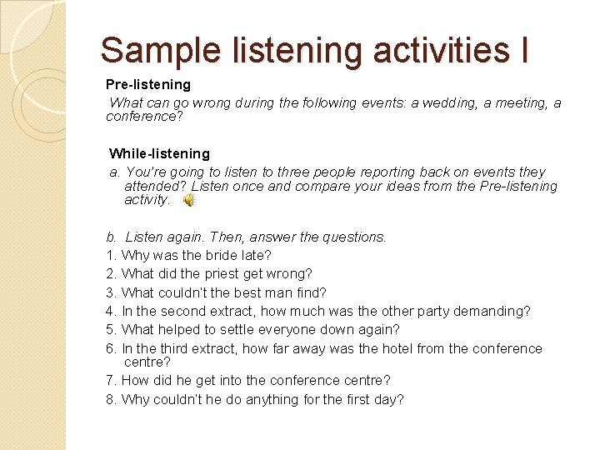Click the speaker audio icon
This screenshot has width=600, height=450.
tap(189, 201)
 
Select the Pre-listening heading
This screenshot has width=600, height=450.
tap(148, 84)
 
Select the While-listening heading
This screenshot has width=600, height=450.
tap(159, 153)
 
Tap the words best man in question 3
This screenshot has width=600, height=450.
tap(249, 292)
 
